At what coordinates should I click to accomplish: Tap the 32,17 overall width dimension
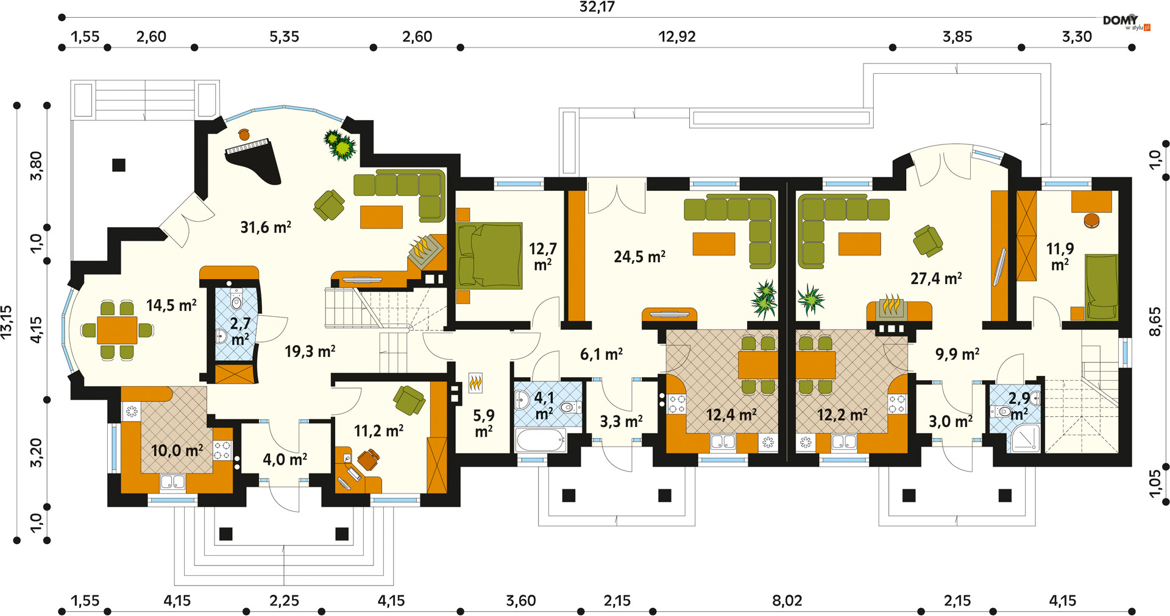point(597,7)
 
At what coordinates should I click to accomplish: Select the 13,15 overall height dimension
point(7,322)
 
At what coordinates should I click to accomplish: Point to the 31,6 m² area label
point(266,227)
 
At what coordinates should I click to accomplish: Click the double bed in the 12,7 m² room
point(489,255)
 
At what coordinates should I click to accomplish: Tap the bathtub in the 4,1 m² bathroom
point(541,440)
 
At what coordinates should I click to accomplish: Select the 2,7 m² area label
point(239,331)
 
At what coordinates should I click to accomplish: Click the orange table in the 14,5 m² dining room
point(117,330)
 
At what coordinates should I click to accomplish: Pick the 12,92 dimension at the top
point(676,37)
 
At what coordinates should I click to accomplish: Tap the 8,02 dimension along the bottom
point(787,601)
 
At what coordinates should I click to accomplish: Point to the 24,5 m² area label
point(639,257)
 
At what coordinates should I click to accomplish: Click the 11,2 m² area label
point(378,431)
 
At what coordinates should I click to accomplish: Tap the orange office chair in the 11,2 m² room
point(369,459)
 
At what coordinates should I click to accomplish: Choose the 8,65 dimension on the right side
point(1155,322)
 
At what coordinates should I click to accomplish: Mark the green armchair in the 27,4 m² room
point(927,241)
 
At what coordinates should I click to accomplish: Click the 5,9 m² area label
point(484,423)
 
